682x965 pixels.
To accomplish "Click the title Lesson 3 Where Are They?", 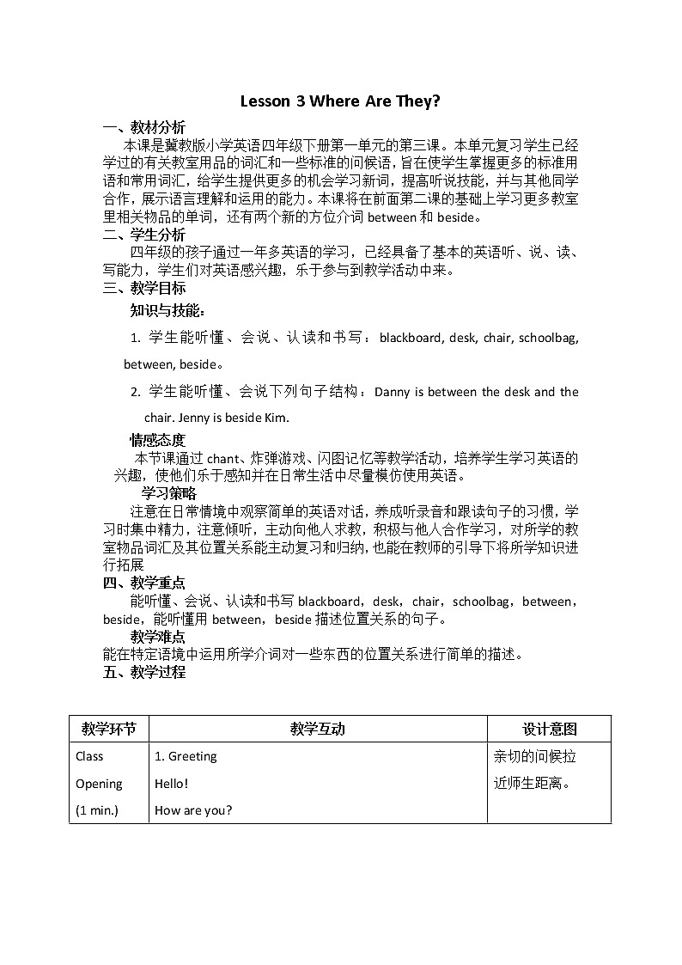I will [340, 101].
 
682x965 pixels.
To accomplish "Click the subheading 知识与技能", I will [167, 310].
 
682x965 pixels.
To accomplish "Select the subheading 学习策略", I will [169, 493].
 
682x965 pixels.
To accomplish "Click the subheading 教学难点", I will [157, 637].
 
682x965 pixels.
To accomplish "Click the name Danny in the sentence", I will [393, 392].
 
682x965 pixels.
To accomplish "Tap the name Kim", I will [275, 418].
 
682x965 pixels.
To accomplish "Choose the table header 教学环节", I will [108, 729].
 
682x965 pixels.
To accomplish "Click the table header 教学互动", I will [317, 729].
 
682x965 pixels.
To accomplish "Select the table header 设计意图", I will [550, 729].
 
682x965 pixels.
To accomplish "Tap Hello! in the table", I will [171, 783].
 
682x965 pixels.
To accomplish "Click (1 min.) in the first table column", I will [97, 809].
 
